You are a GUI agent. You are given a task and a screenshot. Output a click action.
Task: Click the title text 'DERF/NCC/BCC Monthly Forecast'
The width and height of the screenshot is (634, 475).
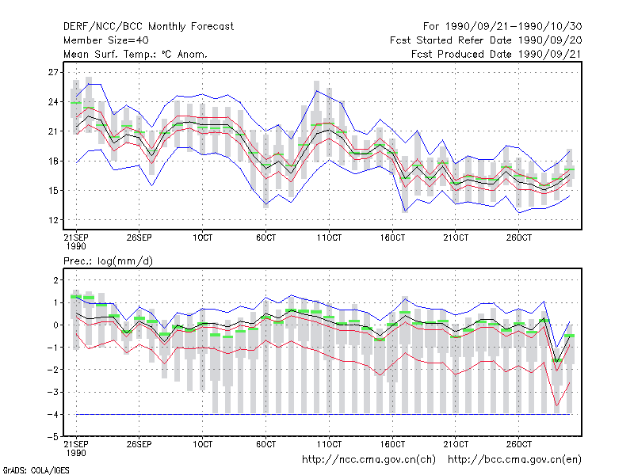point(148,27)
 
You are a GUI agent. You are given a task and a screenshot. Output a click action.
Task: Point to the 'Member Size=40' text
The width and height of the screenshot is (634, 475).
point(106,40)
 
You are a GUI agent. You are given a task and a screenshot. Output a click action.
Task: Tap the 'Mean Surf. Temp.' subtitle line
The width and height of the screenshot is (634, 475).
point(136,54)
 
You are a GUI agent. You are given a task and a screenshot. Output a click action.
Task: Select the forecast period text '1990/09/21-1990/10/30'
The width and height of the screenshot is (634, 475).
point(514,27)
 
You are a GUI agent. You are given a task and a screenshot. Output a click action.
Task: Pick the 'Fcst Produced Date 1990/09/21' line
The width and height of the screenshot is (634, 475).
point(497,54)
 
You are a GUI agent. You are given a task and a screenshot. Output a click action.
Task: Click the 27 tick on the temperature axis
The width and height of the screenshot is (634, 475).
point(53,72)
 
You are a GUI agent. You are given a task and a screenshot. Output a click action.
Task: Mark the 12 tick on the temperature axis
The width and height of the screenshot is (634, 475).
point(53,220)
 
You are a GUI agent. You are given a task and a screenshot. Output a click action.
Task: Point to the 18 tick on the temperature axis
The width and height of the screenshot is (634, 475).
point(53,161)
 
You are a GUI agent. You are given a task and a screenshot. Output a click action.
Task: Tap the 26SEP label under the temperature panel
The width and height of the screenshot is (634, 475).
point(139,237)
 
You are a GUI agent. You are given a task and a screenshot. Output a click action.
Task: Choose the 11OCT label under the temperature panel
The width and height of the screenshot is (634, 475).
point(329,237)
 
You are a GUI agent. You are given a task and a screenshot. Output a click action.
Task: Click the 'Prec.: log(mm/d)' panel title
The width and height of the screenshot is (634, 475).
point(108,261)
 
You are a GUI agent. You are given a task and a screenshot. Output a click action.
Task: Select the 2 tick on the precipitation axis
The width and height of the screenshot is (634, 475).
point(55,280)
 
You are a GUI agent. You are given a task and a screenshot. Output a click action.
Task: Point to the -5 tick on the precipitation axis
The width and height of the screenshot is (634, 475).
point(53,437)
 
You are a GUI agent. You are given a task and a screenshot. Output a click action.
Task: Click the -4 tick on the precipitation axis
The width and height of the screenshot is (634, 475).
point(53,414)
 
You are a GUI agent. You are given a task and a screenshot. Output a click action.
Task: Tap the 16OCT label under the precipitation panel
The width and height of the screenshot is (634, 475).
point(392,444)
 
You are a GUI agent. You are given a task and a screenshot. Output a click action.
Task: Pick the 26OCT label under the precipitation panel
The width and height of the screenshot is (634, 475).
point(519,444)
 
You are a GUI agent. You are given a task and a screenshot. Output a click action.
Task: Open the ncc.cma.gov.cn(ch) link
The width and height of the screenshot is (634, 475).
point(369,460)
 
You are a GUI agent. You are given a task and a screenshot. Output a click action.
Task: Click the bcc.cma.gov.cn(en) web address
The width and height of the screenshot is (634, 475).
point(514,460)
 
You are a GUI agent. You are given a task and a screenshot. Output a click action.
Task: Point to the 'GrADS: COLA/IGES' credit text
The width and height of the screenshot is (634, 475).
point(36,470)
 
